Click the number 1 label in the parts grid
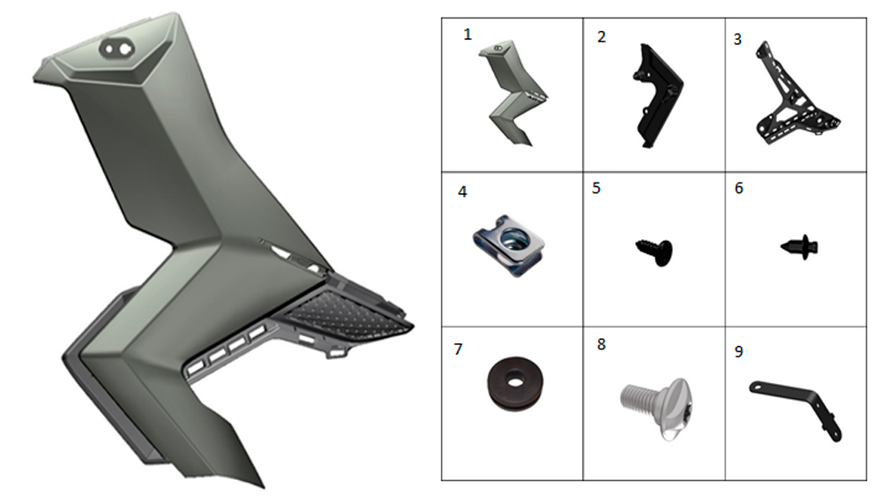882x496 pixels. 467,34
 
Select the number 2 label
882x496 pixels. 602,37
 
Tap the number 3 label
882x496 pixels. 737,40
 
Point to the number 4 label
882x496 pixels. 462,192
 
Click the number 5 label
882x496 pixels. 596,188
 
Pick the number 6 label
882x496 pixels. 739,188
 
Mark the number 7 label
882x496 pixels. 458,349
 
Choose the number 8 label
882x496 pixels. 602,344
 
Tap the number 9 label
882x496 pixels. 738,351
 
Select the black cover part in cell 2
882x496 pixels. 658,95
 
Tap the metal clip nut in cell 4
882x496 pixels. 509,244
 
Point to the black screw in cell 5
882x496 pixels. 656,252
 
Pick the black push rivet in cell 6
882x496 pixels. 800,247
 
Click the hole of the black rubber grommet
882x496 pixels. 514,381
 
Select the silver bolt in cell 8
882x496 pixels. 657,407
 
